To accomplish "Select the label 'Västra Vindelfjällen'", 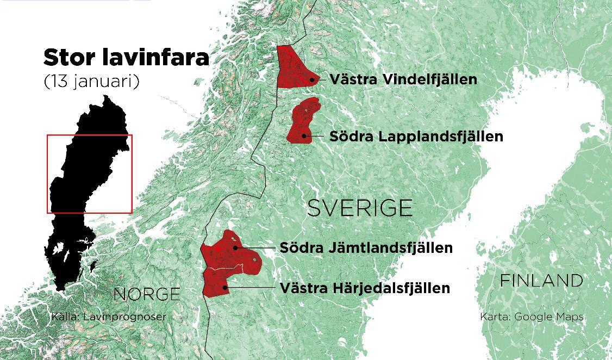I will click(x=403, y=79).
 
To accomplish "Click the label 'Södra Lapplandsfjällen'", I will click(x=416, y=136).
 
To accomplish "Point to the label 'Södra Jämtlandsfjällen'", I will click(x=366, y=248).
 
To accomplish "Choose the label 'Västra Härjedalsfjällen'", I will click(x=365, y=288).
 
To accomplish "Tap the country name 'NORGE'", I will click(x=147, y=294).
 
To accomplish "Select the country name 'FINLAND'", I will click(x=541, y=281).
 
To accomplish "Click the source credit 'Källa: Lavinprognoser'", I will click(x=109, y=316).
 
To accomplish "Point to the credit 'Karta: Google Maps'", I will click(x=532, y=316).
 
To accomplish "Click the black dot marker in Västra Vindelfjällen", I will click(x=312, y=79).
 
